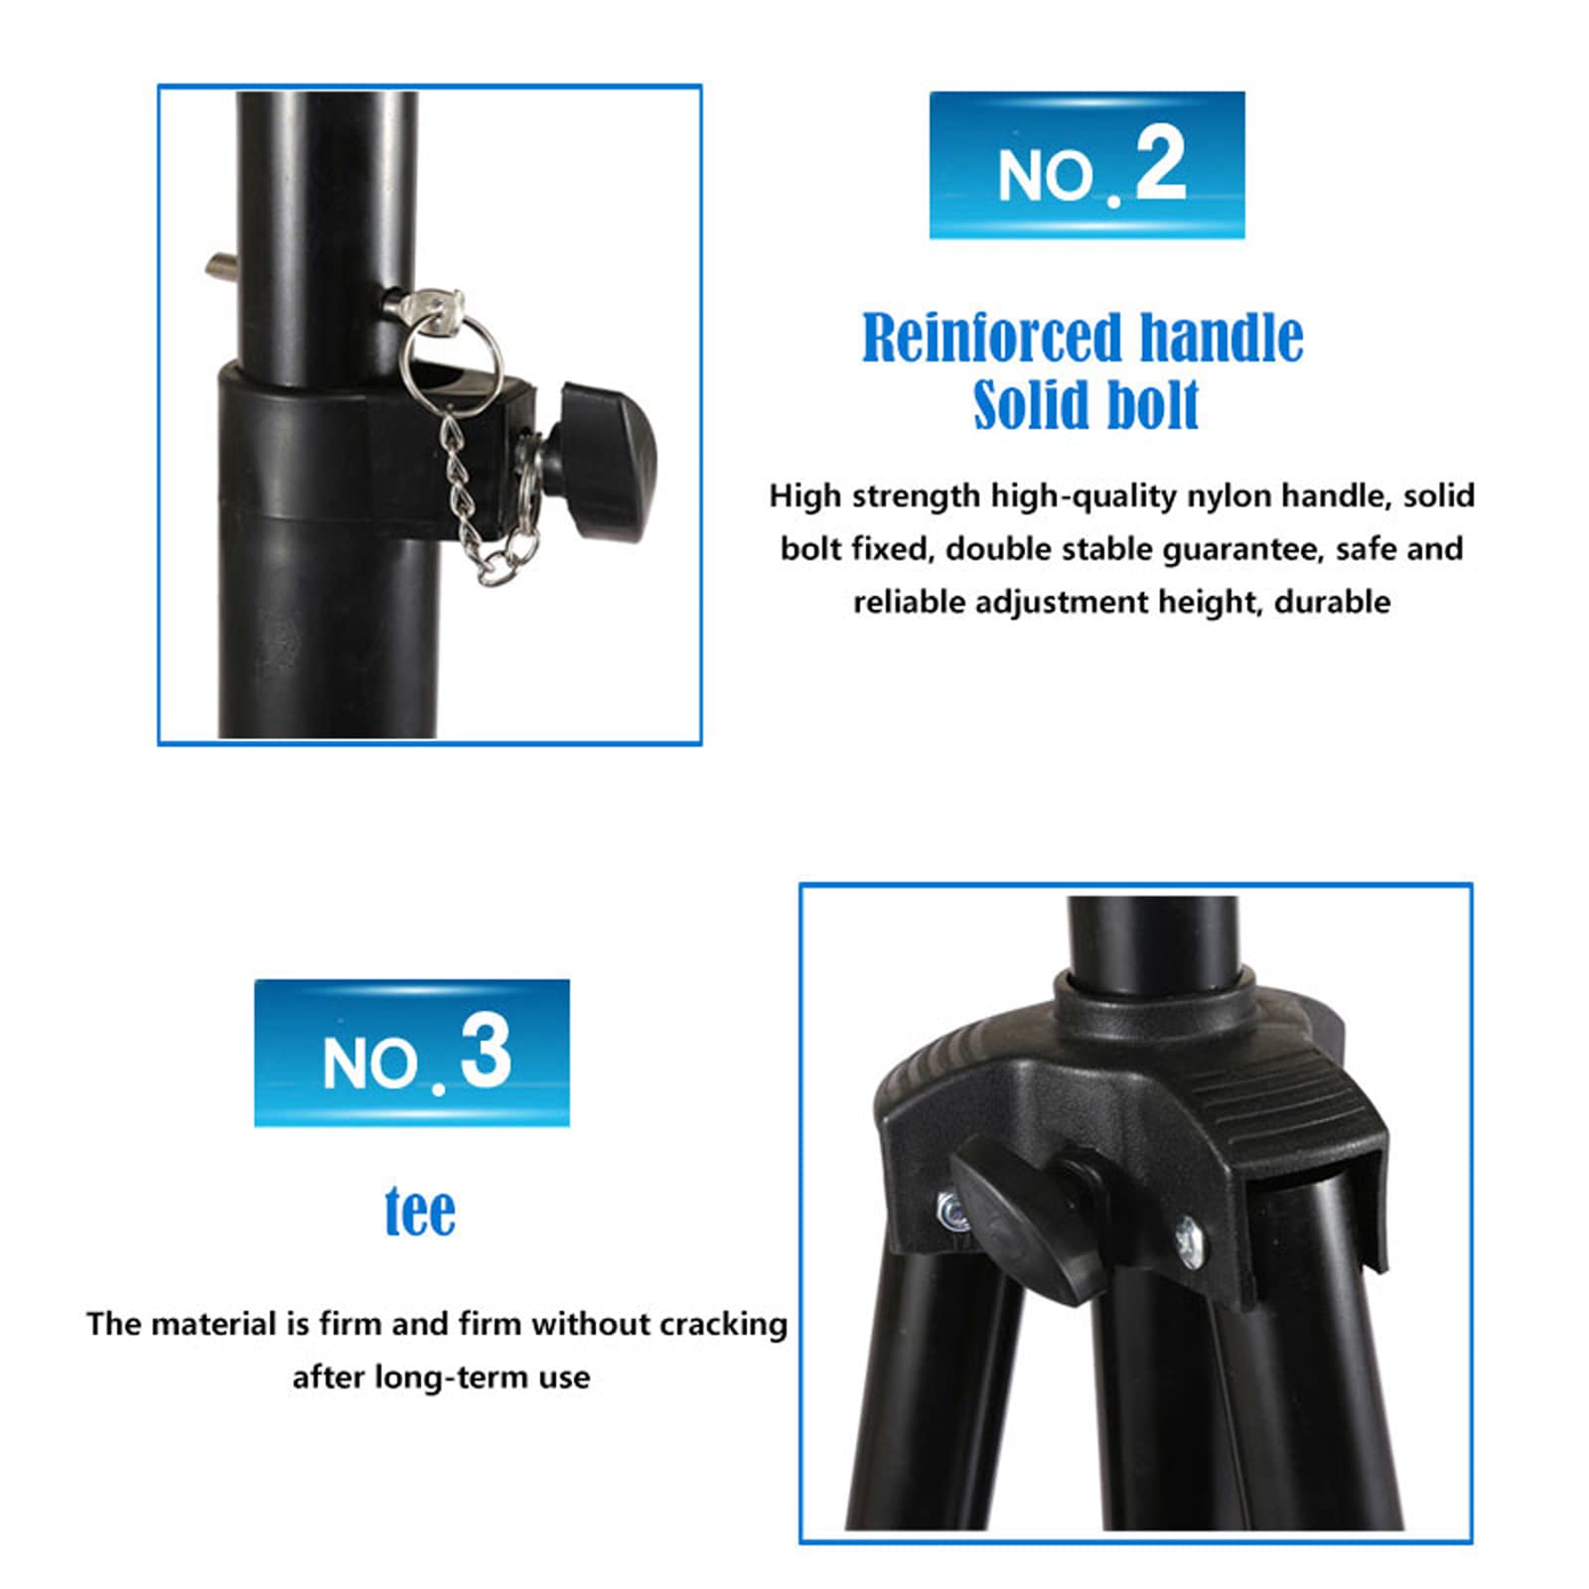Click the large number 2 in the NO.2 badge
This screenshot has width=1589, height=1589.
(1160, 165)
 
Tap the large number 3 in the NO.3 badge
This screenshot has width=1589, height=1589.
(486, 1052)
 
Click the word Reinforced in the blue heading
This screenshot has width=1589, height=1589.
(992, 339)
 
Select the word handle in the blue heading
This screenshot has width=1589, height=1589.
(1222, 338)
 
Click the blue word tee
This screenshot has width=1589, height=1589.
(420, 1212)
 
